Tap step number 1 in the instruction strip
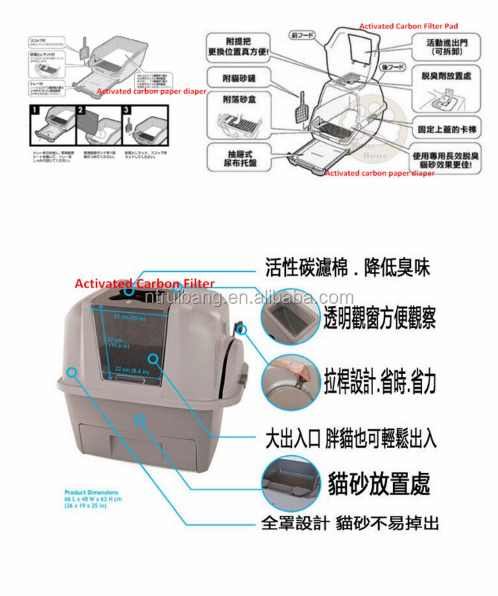33,109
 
